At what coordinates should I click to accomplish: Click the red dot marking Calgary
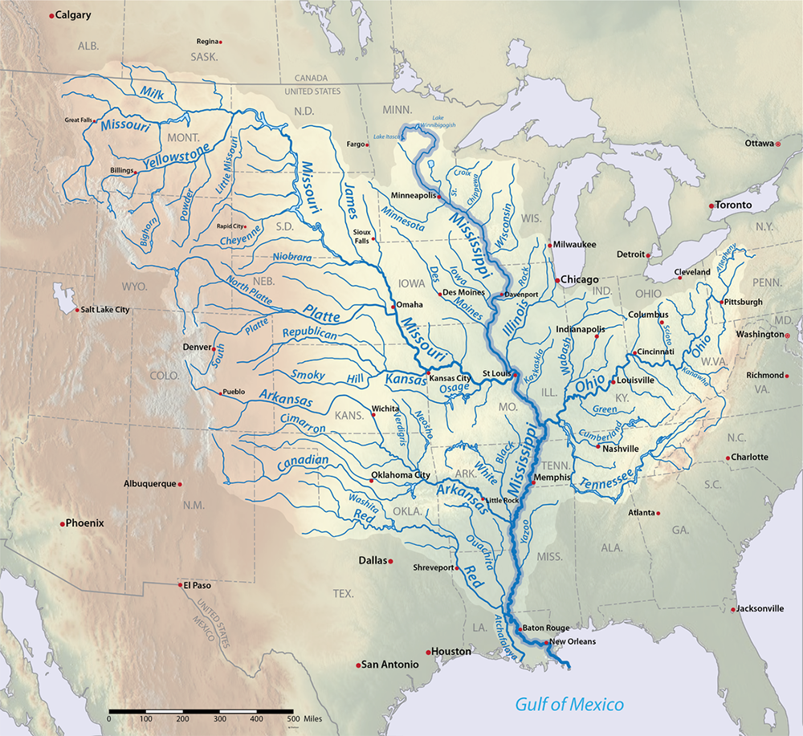52,15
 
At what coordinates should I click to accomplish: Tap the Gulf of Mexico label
569,706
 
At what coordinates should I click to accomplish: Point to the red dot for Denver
213,348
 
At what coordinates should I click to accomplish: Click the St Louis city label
496,373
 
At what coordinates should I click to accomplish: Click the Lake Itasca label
389,137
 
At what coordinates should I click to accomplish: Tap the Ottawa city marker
777,144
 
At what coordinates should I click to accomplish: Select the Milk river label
152,94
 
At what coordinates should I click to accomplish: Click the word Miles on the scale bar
312,718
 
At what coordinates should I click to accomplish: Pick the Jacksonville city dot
733,609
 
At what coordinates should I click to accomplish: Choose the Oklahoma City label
403,475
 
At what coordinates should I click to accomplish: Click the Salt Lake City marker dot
77,310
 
